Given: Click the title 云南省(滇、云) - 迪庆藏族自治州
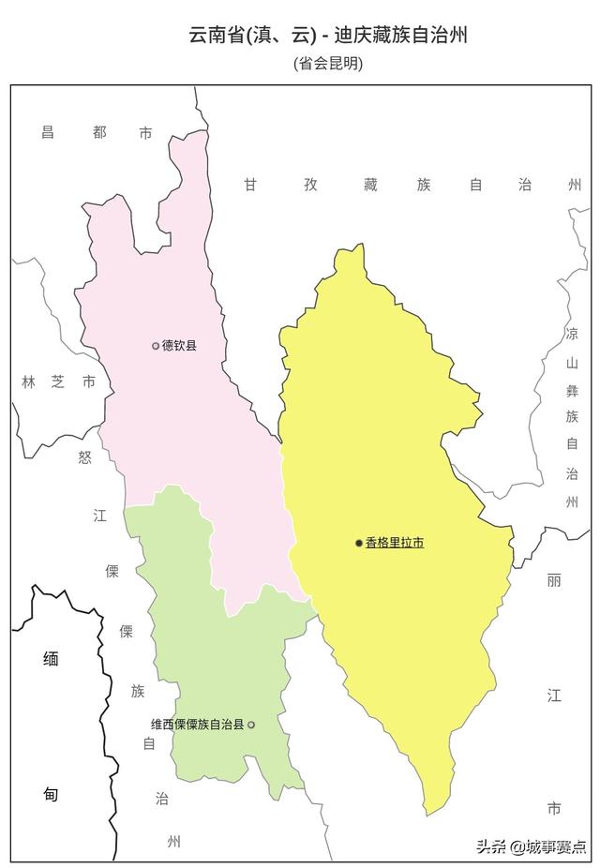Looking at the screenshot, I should click(x=328, y=36).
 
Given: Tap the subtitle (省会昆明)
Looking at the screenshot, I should click(x=328, y=64).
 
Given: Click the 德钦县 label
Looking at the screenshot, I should click(x=180, y=346).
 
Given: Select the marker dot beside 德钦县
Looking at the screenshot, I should click(x=156, y=346).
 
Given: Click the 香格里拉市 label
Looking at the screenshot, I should click(x=395, y=543).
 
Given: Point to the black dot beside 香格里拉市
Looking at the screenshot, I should click(x=358, y=543).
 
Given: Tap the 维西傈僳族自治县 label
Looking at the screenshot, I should click(x=197, y=725).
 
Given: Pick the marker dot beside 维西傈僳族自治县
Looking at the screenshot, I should click(x=251, y=725).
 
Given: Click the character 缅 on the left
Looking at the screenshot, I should click(x=51, y=659).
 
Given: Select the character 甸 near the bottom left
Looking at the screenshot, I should click(x=51, y=795).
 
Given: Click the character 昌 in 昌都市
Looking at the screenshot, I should click(x=48, y=133).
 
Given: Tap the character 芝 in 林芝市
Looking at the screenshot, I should click(x=58, y=382).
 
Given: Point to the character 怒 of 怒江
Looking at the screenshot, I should click(x=85, y=456).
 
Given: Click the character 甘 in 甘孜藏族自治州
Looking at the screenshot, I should click(x=250, y=185).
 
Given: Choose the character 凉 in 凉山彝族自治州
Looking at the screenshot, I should click(x=572, y=334).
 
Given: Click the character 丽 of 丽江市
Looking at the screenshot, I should click(x=554, y=580).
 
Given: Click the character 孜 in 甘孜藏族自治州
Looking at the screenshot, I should click(x=310, y=185).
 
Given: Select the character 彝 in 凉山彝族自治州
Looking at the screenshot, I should click(x=572, y=389).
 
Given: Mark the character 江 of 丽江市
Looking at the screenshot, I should click(x=554, y=695).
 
